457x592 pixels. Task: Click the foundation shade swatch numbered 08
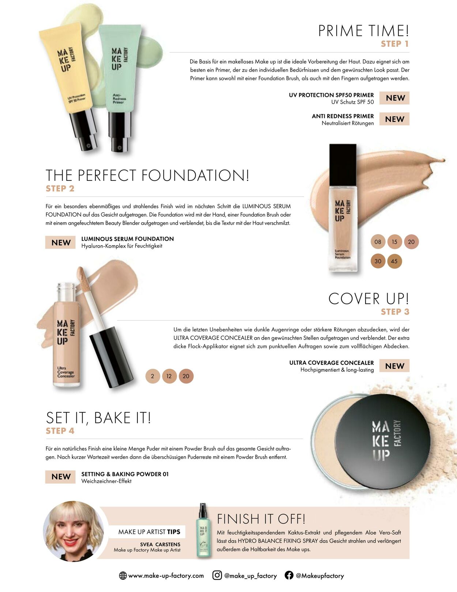pyautogui.click(x=378, y=242)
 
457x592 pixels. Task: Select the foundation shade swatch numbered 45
pyautogui.click(x=394, y=261)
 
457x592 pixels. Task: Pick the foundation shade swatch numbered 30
pyautogui.click(x=378, y=261)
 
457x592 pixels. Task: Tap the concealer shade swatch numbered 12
pyautogui.click(x=169, y=376)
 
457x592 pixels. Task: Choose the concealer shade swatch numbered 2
pyautogui.click(x=153, y=376)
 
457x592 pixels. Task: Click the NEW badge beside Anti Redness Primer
pyautogui.click(x=394, y=119)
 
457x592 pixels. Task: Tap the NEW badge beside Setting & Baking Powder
pyautogui.click(x=61, y=477)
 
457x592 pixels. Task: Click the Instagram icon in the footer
pyautogui.click(x=217, y=575)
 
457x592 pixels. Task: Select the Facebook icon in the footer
pyautogui.click(x=289, y=575)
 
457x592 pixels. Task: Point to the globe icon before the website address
pyautogui.click(x=123, y=576)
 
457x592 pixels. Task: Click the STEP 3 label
pyautogui.click(x=395, y=312)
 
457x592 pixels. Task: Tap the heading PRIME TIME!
pyautogui.click(x=364, y=31)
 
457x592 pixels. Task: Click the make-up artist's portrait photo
pyautogui.click(x=73, y=531)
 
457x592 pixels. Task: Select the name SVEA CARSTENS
pyautogui.click(x=160, y=544)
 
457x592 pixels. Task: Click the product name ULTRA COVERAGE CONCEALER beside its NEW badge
pyautogui.click(x=332, y=363)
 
